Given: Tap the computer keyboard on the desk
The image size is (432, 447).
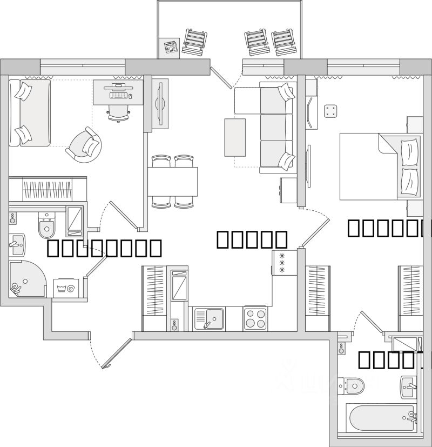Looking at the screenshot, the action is click(x=119, y=95).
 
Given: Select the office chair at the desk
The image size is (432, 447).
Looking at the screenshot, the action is click(x=119, y=112).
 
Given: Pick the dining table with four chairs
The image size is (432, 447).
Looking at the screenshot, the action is click(x=173, y=182).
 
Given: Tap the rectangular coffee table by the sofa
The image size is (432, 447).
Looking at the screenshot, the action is click(x=235, y=137).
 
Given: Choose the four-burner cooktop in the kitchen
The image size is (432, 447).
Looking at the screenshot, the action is click(x=255, y=318).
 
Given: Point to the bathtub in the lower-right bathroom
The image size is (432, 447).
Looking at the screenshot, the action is click(x=381, y=418).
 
